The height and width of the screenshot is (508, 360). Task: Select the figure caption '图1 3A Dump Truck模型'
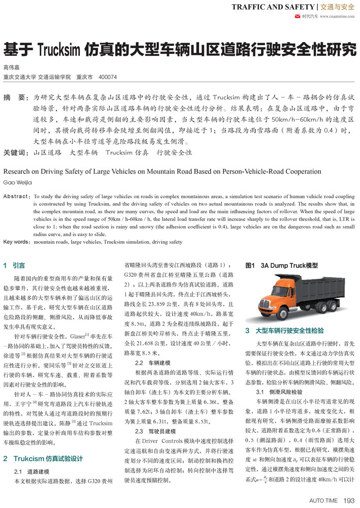(281, 265)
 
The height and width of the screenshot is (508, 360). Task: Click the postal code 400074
(108, 77)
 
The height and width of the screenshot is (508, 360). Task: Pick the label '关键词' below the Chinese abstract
(16, 152)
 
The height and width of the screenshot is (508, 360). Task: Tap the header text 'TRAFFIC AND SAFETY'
(272, 7)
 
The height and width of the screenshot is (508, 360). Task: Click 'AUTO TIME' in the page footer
(323, 500)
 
